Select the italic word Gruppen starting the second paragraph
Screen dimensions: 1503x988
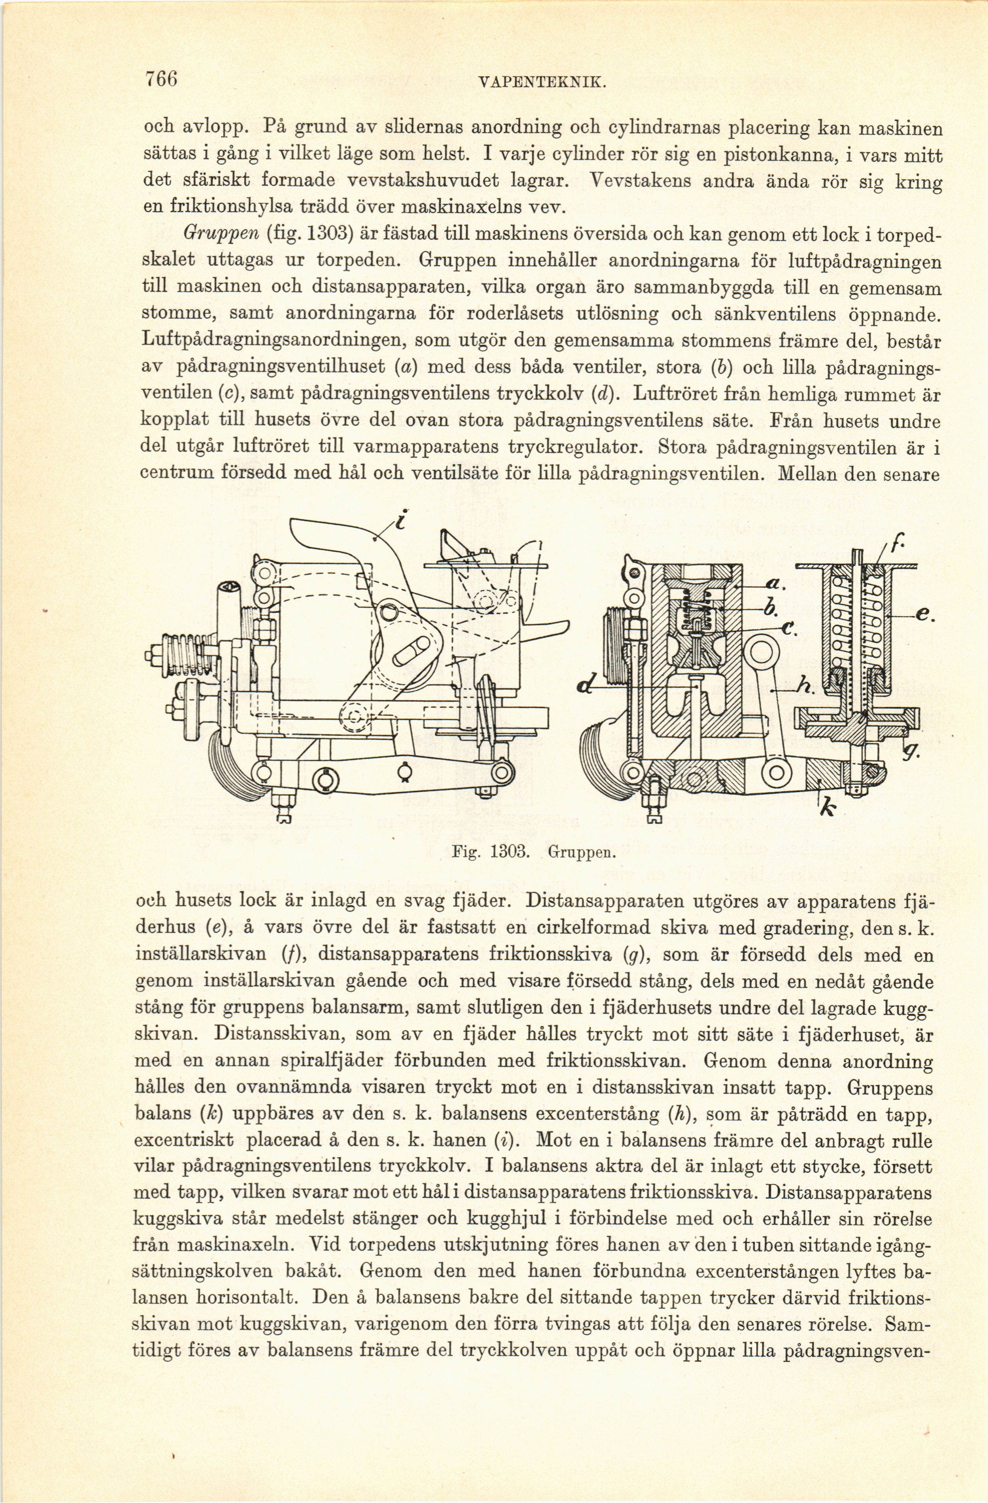click(218, 234)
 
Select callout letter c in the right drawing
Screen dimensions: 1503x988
click(788, 630)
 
